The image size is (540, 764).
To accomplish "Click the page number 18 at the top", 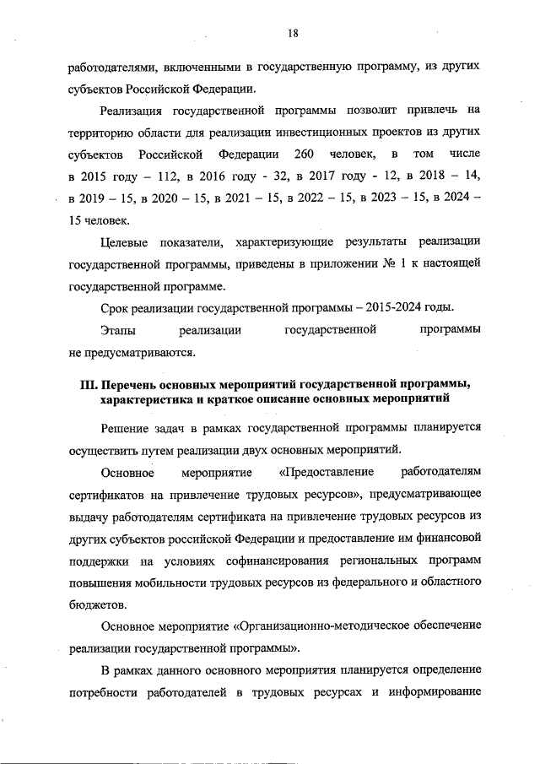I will [x=292, y=33].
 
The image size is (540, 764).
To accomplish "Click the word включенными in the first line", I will [x=186, y=65].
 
